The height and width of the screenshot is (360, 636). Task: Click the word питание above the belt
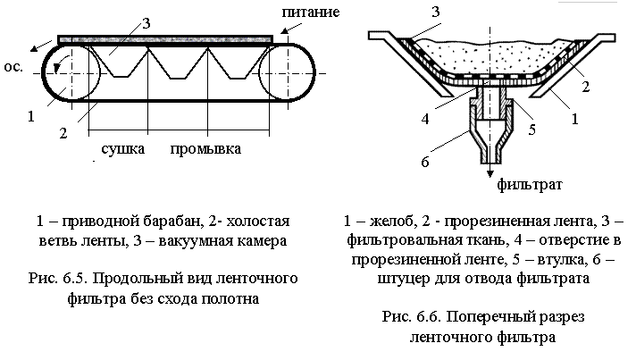[x=311, y=13]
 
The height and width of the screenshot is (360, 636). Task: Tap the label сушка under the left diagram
[x=123, y=149]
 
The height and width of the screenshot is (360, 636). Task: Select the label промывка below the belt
[x=205, y=149]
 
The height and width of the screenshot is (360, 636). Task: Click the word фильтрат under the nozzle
[x=530, y=185]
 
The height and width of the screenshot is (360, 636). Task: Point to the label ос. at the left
[x=13, y=67]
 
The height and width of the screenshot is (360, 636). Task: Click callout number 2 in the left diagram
[x=63, y=133]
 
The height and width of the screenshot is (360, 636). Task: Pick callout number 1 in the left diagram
[x=31, y=117]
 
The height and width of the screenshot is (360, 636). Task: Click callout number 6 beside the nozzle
[x=424, y=163]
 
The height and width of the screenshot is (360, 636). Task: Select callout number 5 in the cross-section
[x=531, y=130]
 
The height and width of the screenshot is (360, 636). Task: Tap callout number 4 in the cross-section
[x=424, y=119]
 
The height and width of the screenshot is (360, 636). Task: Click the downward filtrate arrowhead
[x=490, y=173]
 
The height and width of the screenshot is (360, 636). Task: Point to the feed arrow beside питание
[x=291, y=28]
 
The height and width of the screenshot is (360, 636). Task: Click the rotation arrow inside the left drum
[x=57, y=64]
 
